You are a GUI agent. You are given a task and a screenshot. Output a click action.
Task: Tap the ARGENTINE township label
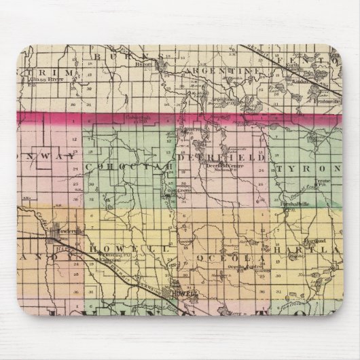click(x=217, y=71)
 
